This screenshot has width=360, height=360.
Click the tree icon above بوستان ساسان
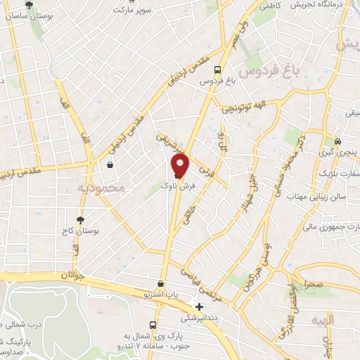pyautogui.click(x=27, y=5)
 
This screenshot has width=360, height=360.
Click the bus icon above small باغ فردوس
pyautogui.click(x=218, y=70)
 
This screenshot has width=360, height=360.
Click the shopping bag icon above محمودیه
pyautogui.click(x=110, y=165)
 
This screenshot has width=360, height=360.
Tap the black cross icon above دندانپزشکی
pyautogui.click(x=200, y=307)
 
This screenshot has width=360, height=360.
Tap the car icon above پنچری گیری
pyautogui.click(x=338, y=140)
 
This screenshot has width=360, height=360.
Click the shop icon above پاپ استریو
pyautogui.click(x=162, y=284)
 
